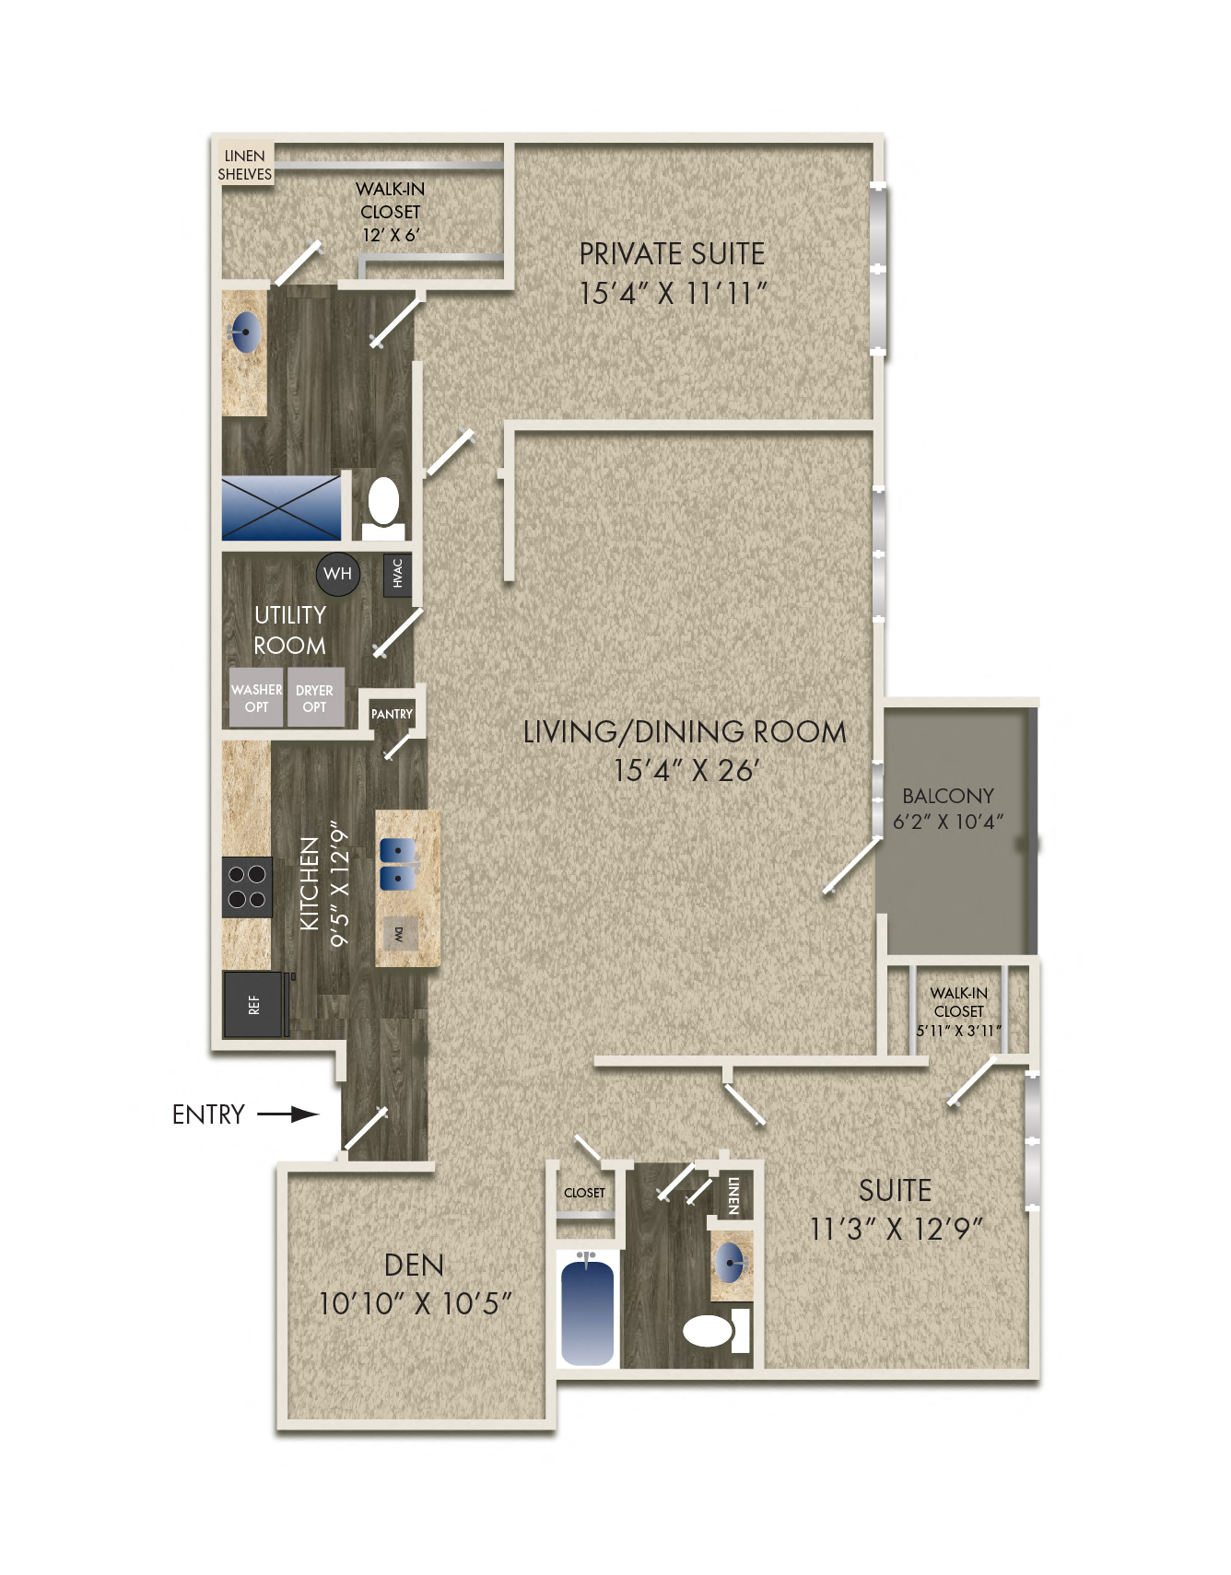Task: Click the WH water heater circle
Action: [337, 573]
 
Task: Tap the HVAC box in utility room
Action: [397, 574]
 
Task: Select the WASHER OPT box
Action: [256, 697]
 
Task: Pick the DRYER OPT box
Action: [315, 697]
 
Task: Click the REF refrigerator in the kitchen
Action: [253, 1005]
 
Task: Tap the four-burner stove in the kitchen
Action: [247, 887]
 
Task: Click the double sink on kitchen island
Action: [398, 864]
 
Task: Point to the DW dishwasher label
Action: [399, 934]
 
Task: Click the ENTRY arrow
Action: [287, 1114]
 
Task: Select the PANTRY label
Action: [392, 714]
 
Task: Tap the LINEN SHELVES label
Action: [244, 165]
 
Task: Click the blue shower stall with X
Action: [281, 507]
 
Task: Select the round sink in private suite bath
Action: [246, 332]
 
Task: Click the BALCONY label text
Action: [947, 796]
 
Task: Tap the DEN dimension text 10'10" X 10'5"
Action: [415, 1303]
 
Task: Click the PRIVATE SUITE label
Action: [672, 254]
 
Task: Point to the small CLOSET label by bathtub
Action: [584, 1193]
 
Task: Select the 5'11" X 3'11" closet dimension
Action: [958, 1031]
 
